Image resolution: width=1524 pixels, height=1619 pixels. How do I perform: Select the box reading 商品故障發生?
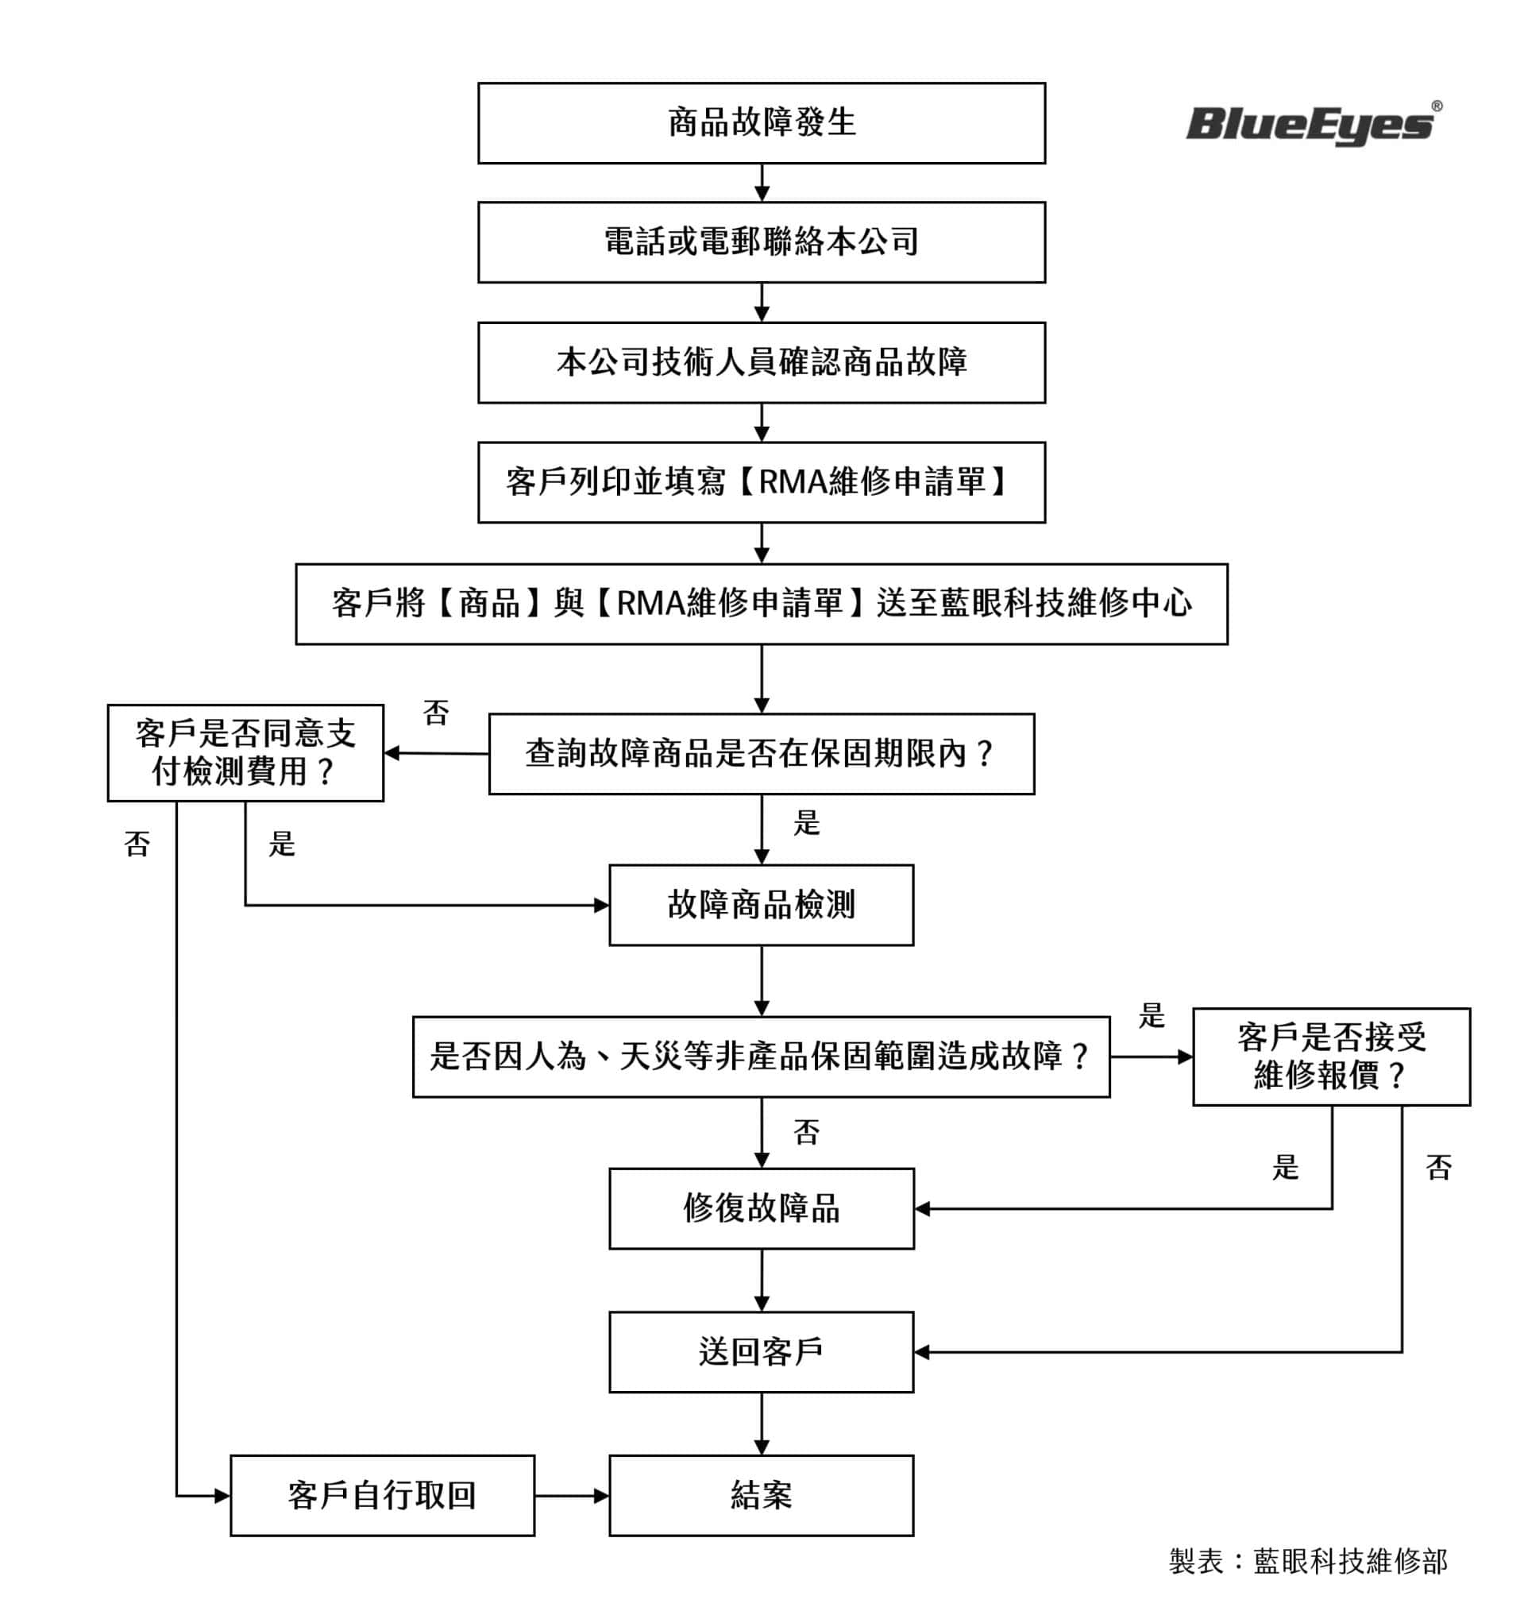761,123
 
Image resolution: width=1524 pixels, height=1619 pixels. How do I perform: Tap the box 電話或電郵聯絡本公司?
761,242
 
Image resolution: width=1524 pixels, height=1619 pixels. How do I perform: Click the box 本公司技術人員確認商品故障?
761,362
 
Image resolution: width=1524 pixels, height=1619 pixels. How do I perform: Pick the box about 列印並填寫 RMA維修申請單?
761,482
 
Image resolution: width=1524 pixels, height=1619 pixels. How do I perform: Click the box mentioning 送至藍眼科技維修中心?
761,604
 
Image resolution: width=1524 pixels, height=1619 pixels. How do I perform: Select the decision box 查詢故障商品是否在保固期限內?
761,753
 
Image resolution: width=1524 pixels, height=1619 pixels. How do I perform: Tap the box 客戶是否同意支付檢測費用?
245,752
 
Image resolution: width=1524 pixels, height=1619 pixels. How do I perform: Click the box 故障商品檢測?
761,905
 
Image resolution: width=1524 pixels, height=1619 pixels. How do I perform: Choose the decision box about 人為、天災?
761,1057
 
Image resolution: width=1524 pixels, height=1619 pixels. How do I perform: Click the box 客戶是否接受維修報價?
1331,1057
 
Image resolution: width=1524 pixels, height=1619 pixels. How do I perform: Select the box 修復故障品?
761,1208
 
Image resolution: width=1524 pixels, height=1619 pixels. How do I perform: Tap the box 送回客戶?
761,1352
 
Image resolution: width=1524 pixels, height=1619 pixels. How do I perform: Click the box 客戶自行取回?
382,1495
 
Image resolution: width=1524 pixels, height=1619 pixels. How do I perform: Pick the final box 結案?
761,1495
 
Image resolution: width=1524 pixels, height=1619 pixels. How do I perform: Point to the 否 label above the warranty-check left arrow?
435,713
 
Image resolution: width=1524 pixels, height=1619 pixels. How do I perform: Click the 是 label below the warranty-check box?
806,823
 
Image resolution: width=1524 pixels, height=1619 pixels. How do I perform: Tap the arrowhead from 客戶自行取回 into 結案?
603,1495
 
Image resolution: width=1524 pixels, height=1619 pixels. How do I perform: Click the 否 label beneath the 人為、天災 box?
806,1132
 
